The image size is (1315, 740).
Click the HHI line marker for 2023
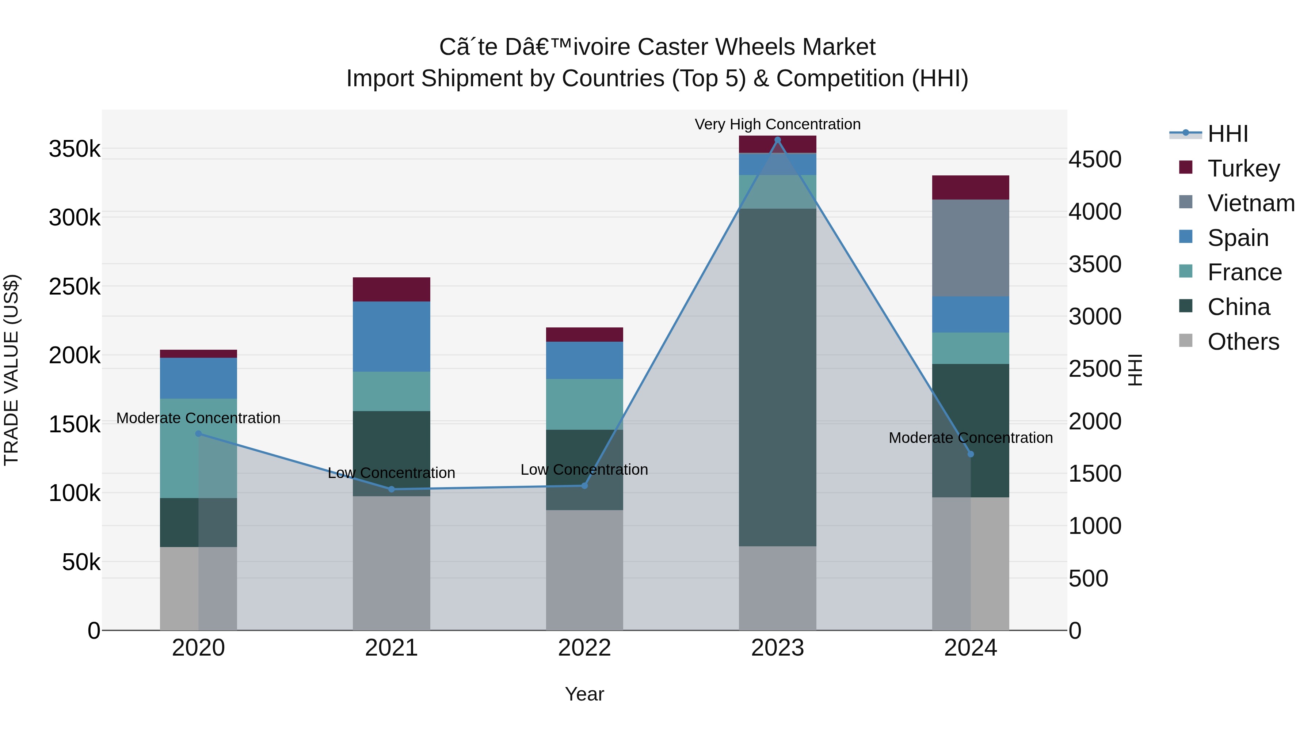coord(777,140)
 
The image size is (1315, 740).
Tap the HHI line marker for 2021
coord(392,489)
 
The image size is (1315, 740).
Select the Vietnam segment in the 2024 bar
coord(971,248)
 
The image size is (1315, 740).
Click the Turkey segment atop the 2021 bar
coord(392,289)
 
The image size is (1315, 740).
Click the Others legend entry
coord(1243,342)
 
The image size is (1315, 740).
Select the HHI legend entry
coord(1227,134)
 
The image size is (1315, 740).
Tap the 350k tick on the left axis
coord(75,149)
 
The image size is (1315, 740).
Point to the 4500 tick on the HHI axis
coord(1095,159)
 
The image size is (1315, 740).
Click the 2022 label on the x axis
coord(584,648)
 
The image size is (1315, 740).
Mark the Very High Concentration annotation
coord(777,124)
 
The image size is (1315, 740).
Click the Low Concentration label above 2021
coord(392,473)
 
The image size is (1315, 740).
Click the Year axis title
coord(584,694)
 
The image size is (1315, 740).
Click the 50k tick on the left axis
coord(81,562)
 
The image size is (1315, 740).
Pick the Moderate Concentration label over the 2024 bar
coord(971,438)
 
